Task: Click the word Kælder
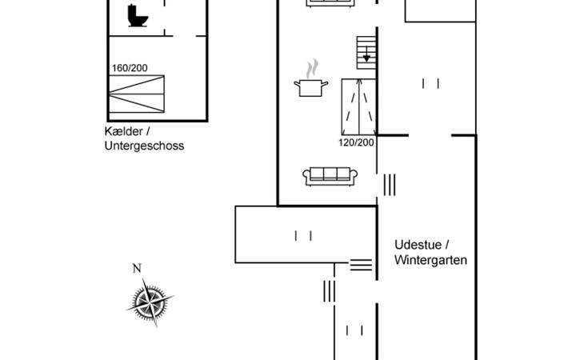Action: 122,131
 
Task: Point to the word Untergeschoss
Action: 144,146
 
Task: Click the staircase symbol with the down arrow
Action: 366,53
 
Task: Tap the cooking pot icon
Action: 312,86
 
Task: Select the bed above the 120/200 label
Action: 358,106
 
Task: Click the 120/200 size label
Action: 355,142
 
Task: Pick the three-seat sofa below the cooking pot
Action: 329,175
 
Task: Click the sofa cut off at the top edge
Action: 329,3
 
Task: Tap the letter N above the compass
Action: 136,268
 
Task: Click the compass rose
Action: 149,302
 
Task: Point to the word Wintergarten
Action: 430,260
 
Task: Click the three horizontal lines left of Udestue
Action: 361,264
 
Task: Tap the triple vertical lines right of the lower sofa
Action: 390,185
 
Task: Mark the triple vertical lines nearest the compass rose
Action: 329,291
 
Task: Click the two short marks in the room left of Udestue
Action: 302,235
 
